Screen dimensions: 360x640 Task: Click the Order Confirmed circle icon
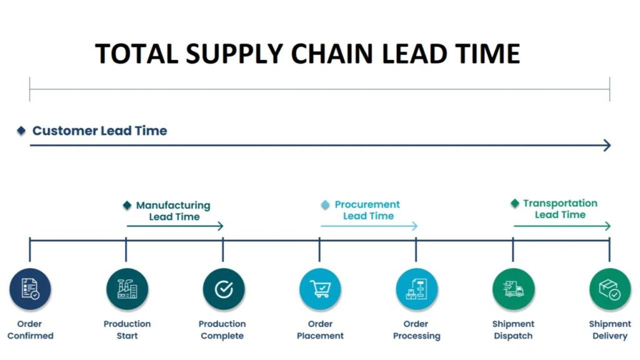(x=30, y=289)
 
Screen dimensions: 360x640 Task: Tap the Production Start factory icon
(x=127, y=289)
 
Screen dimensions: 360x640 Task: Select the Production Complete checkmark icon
(x=223, y=289)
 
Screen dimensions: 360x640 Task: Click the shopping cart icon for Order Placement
(x=320, y=289)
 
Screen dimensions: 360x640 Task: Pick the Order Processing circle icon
(x=416, y=289)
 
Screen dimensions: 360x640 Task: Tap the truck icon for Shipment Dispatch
(x=513, y=289)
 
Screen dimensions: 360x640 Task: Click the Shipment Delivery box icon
(x=609, y=289)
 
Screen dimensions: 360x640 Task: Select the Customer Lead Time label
(x=99, y=131)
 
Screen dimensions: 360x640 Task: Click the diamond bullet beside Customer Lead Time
(x=21, y=131)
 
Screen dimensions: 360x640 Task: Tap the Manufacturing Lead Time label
(x=173, y=211)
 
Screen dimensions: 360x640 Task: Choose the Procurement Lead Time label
(x=367, y=210)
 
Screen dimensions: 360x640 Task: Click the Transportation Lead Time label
(x=560, y=209)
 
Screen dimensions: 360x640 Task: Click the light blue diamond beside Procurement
(x=325, y=204)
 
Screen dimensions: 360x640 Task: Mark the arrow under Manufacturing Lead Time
(x=174, y=226)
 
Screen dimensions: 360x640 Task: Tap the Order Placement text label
(x=320, y=329)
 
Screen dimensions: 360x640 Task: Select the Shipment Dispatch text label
(x=513, y=329)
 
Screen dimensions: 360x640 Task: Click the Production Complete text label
(x=222, y=329)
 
